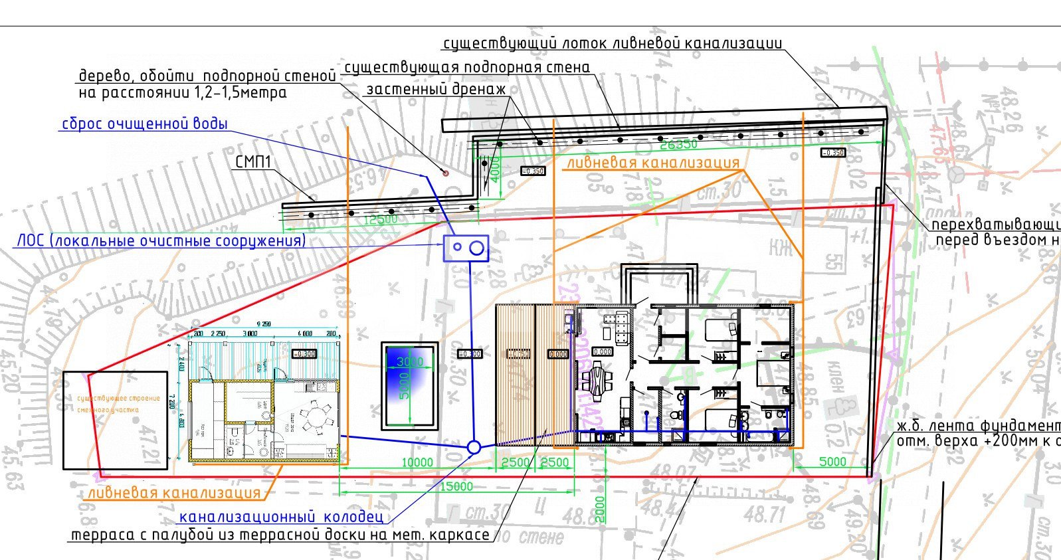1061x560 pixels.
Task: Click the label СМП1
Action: [252, 163]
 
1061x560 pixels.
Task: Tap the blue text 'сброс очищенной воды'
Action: [144, 124]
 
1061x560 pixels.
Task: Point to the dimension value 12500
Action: [379, 219]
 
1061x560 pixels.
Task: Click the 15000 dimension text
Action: [456, 486]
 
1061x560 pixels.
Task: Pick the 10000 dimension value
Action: [417, 462]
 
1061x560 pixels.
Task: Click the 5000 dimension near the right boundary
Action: [832, 462]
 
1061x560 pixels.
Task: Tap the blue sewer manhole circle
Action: [474, 448]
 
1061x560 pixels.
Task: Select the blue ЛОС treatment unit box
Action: [466, 248]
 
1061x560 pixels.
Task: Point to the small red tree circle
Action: [446, 173]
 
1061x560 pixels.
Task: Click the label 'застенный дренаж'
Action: [436, 89]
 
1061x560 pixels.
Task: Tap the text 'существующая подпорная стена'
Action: [466, 68]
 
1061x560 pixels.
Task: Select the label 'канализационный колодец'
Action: [281, 517]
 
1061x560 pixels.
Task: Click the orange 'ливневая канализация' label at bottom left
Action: [174, 493]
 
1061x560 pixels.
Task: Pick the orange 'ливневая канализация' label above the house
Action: [652, 163]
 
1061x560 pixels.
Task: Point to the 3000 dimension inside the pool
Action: [410, 362]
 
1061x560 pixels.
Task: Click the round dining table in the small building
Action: [316, 419]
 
